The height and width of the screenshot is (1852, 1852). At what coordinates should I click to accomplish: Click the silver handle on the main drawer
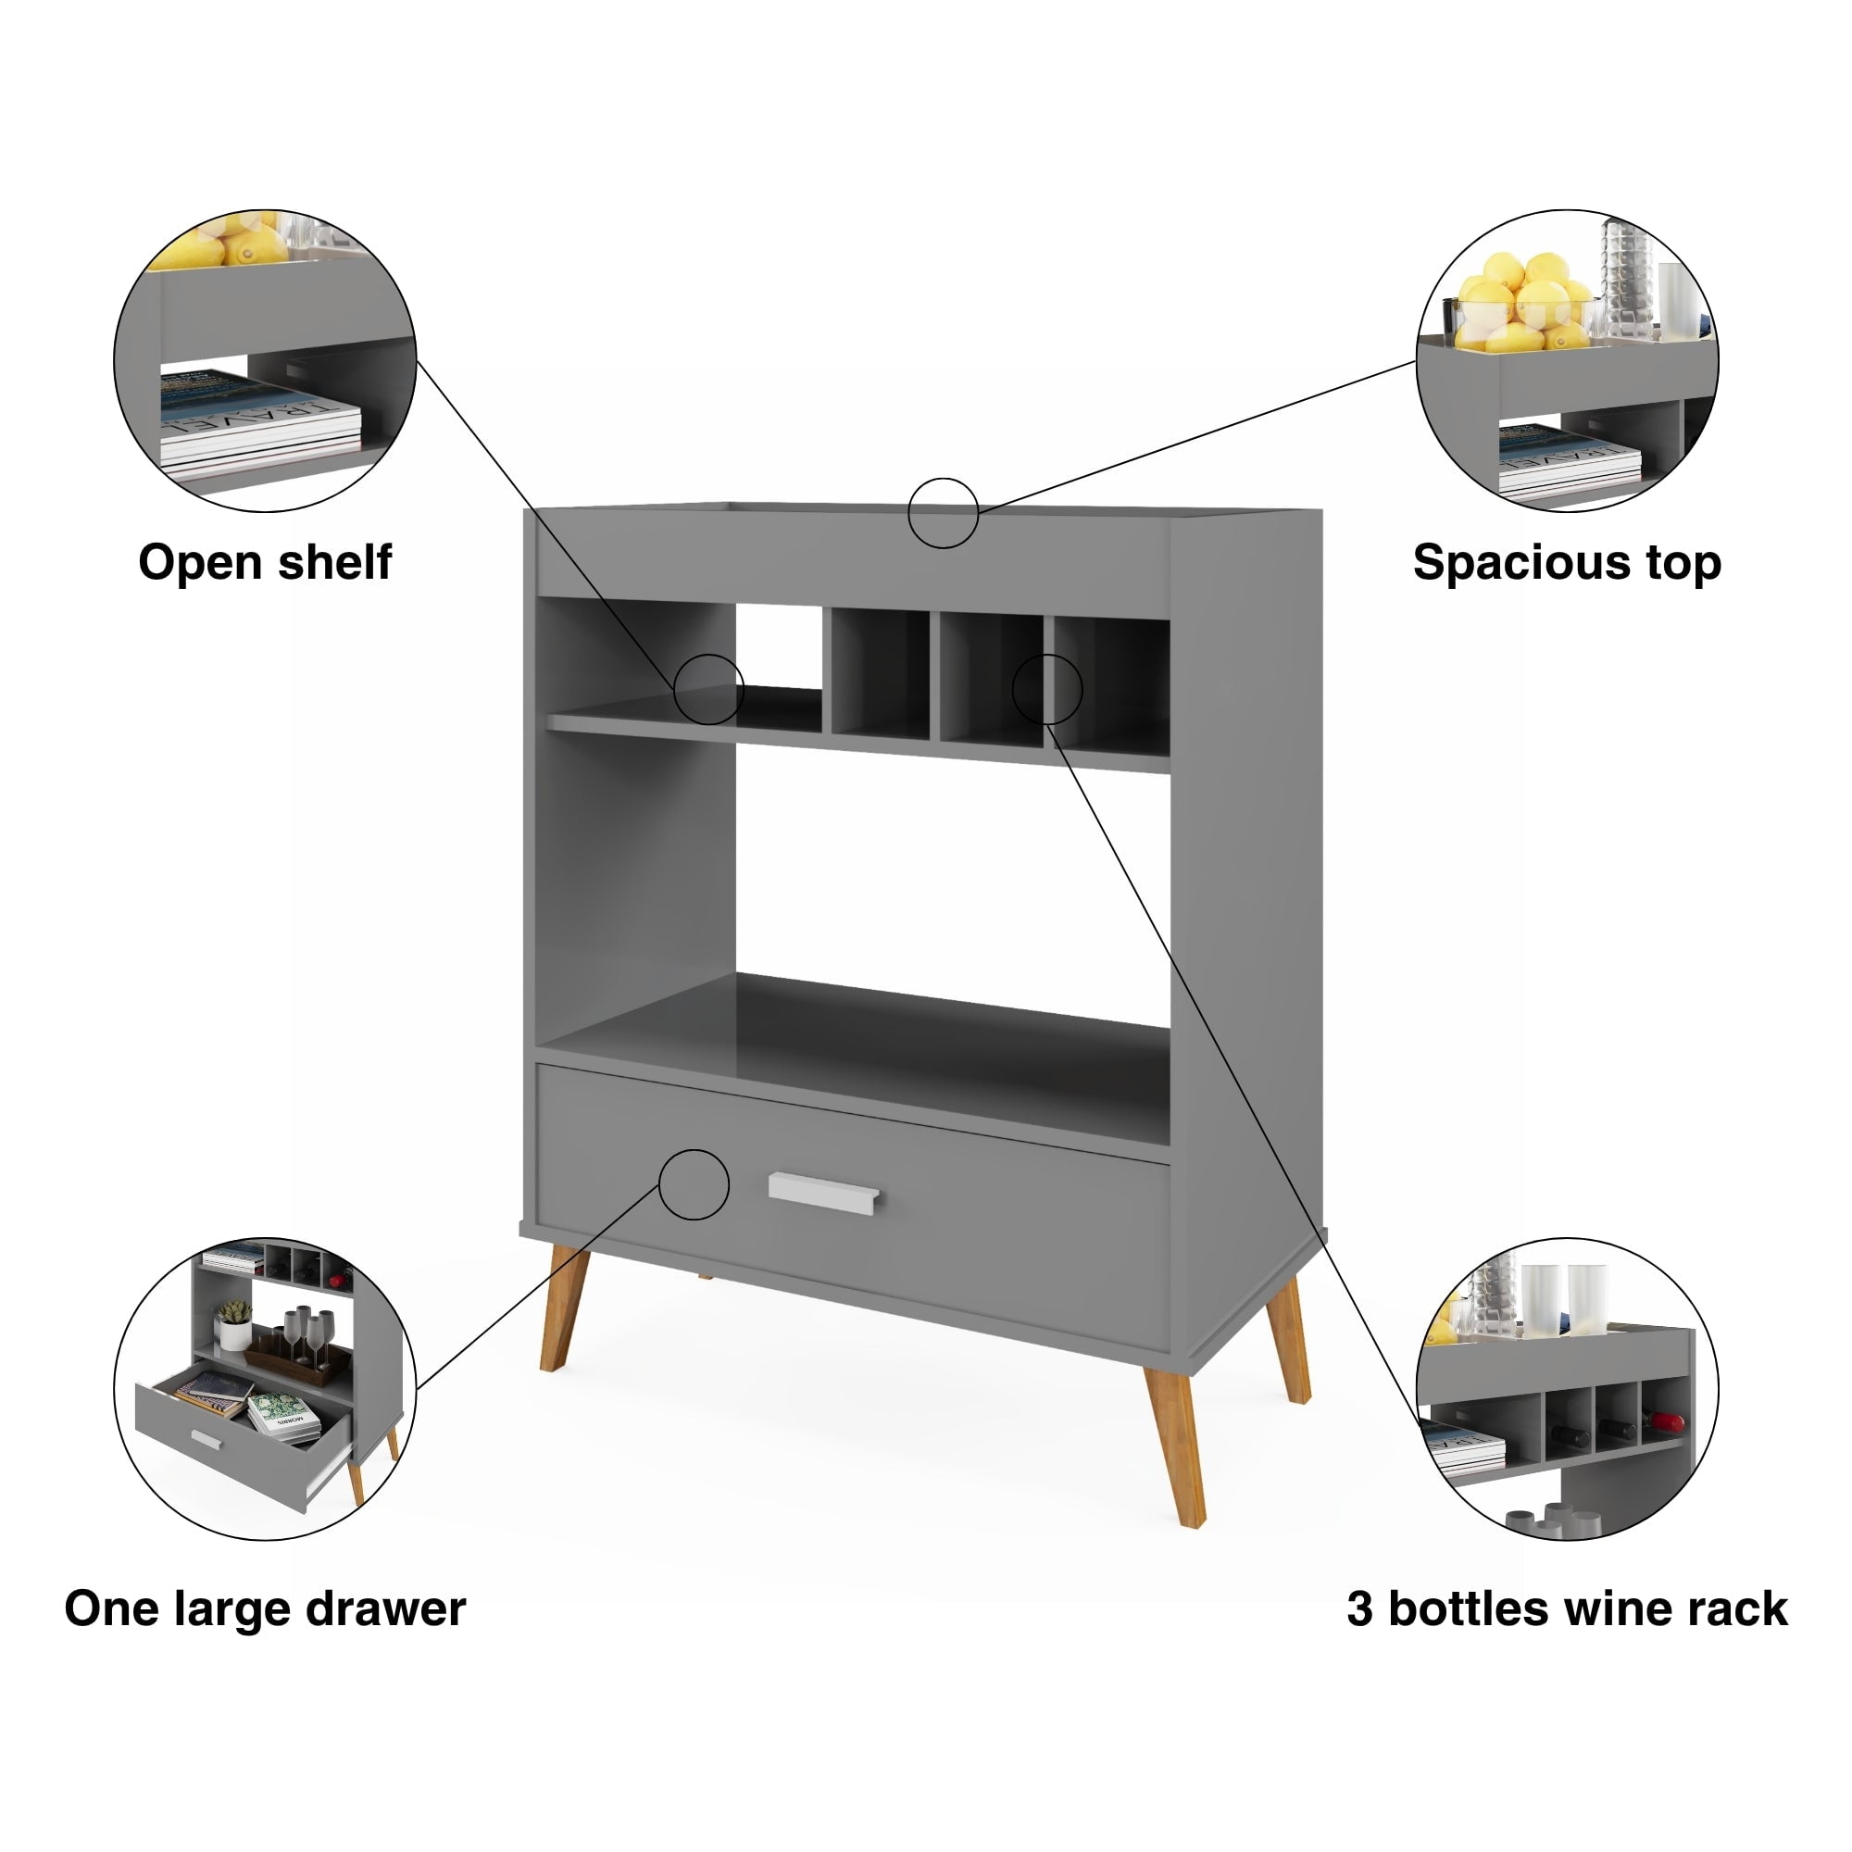tap(823, 1193)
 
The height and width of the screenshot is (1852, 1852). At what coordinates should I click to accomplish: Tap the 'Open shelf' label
tap(265, 563)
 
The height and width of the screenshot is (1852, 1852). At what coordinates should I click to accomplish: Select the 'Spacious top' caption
tap(1567, 563)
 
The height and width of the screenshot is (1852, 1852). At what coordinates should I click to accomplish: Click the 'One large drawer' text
tap(265, 1608)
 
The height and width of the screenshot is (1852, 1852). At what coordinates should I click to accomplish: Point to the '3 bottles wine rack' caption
tap(1567, 1608)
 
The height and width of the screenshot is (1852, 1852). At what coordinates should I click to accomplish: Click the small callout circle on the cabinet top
tap(944, 513)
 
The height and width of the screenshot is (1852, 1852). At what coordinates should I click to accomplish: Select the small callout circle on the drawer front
tap(694, 1185)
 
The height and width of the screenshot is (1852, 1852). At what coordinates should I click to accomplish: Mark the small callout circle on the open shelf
tap(708, 689)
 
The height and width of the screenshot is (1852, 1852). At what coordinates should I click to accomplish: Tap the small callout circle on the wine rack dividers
tap(1046, 689)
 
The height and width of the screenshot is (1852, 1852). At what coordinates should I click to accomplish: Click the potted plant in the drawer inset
tap(233, 1326)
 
